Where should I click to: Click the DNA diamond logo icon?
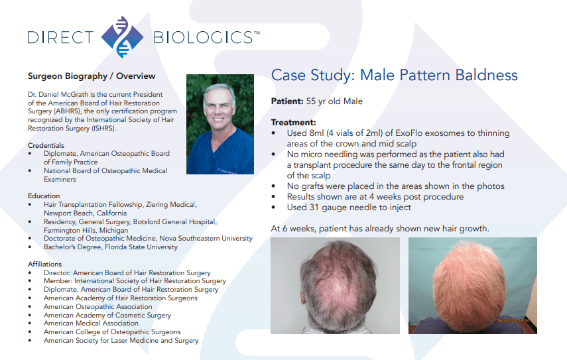122,37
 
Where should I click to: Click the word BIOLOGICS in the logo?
203,38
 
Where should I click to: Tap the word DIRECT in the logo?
60,38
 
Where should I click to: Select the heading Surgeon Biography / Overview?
92,76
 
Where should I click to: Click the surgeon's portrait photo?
220,125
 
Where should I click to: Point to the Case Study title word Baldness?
486,75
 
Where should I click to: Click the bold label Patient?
287,101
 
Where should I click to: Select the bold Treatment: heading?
293,123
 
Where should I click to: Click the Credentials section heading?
46,145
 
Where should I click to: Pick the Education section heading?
44,196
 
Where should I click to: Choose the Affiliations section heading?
45,265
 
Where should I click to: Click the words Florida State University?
141,247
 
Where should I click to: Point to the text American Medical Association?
91,323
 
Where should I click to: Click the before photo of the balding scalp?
335,286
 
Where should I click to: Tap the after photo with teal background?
473,286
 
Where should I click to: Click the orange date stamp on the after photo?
513,321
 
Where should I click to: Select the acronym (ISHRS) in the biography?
103,129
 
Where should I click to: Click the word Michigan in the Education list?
113,230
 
